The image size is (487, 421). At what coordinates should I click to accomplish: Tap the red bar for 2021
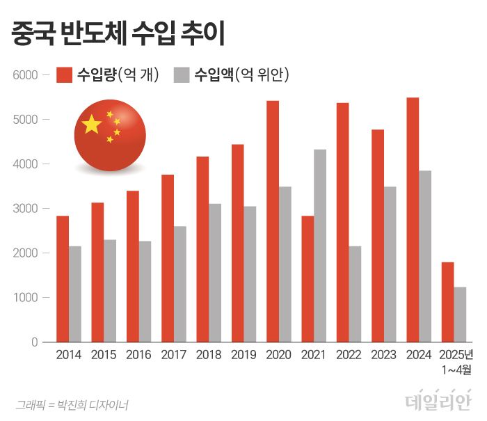pos(308,278)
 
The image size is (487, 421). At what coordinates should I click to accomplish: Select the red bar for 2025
pos(448,302)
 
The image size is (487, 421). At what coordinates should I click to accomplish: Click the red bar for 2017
pos(168,258)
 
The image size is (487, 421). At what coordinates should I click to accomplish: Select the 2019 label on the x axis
pos(243,355)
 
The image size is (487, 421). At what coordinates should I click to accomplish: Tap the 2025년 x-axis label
pos(456,355)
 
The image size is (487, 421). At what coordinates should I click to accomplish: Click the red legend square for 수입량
pos(65,74)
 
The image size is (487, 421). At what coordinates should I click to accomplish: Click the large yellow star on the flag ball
pos(92,125)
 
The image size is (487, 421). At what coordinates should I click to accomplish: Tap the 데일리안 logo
pos(438,401)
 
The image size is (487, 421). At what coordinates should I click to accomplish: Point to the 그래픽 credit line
pos(72,404)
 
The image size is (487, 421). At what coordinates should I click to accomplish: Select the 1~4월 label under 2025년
pos(456,370)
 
